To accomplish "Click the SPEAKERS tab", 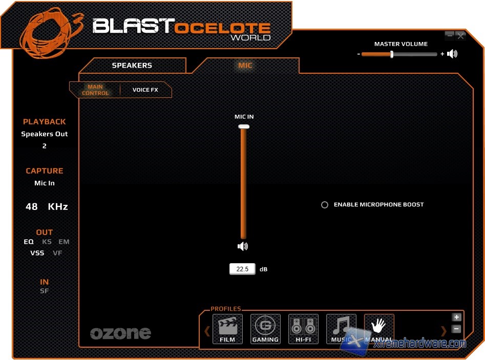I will (x=132, y=66).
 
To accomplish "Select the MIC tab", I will (x=245, y=66).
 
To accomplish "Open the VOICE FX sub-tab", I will (x=145, y=90).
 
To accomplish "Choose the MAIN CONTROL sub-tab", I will (x=95, y=90).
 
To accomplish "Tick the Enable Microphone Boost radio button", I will (x=325, y=205).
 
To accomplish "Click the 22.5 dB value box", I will (x=242, y=269).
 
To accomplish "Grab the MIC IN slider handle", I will (x=244, y=126).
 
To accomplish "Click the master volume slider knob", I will (x=392, y=54).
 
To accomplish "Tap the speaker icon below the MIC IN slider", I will (x=243, y=246).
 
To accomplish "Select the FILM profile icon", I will (x=227, y=328).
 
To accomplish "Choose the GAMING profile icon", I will (x=265, y=328).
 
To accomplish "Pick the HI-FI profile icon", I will (x=303, y=328).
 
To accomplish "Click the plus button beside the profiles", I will (x=457, y=317).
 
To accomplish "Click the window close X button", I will (x=460, y=35).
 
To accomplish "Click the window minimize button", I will (x=449, y=35).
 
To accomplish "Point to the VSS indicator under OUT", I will (x=37, y=253).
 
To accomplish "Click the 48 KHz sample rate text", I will (x=47, y=207).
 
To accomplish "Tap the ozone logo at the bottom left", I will (x=121, y=333).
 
